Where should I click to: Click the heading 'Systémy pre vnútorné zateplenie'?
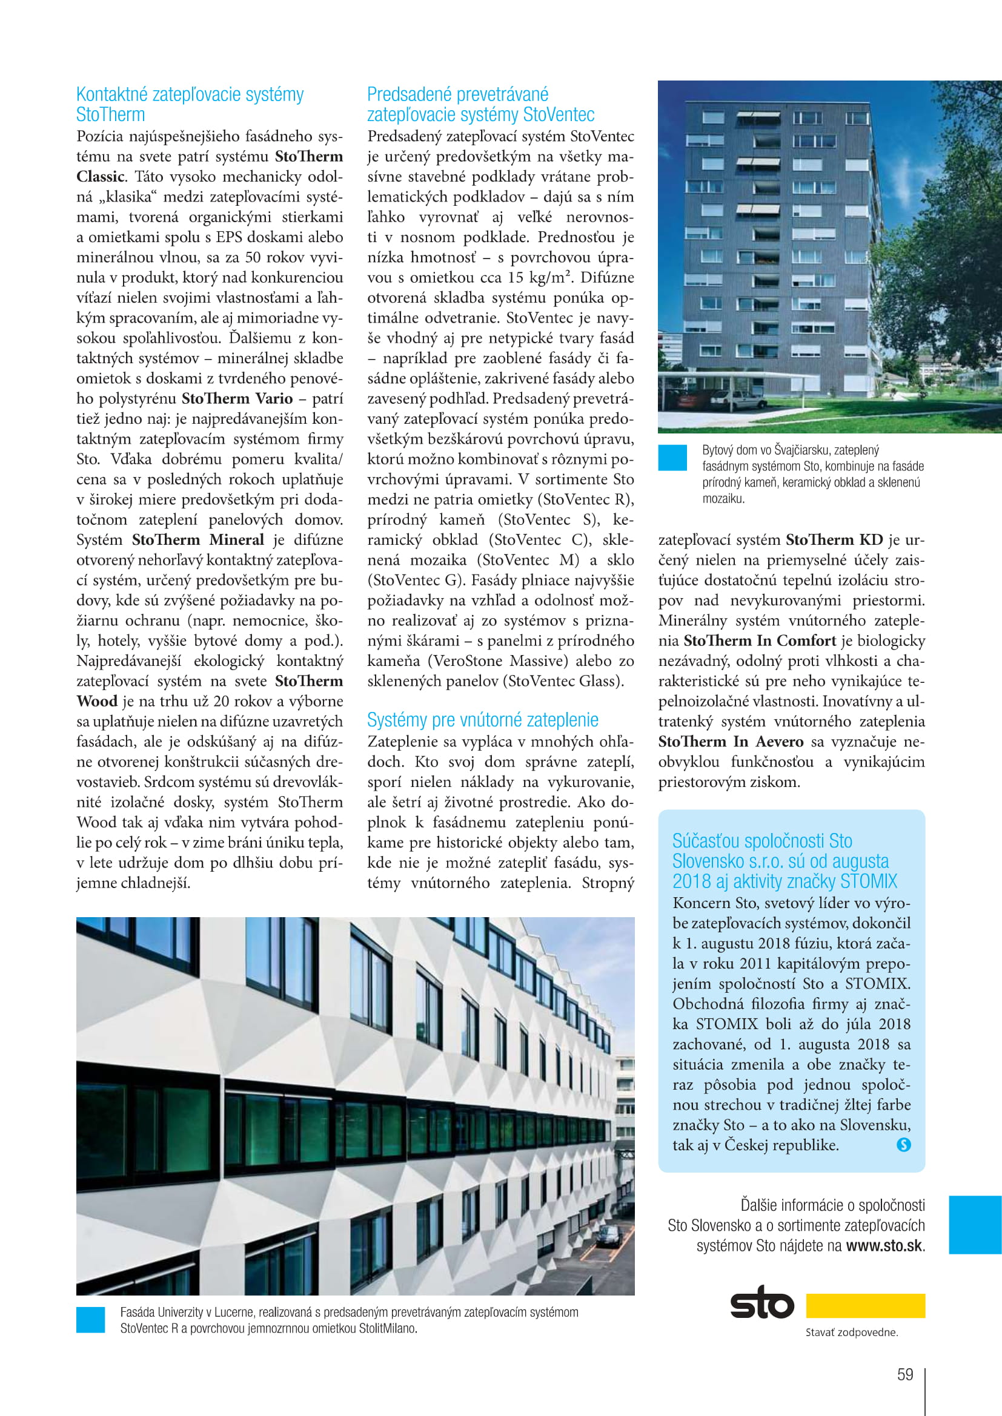point(482,720)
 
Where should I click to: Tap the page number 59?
point(904,1374)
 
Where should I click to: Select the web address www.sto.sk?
point(884,1245)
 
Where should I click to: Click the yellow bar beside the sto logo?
point(865,1306)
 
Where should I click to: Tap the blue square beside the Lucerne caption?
point(91,1320)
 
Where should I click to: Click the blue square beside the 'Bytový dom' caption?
point(672,458)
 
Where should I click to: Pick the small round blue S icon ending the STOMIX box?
point(903,1145)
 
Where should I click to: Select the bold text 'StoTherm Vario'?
point(237,398)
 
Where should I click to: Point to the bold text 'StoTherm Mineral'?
point(198,539)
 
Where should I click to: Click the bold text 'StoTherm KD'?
point(834,539)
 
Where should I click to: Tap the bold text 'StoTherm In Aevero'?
point(731,742)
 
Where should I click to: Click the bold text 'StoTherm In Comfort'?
point(760,640)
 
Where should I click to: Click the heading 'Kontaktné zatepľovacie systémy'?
point(190,94)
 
